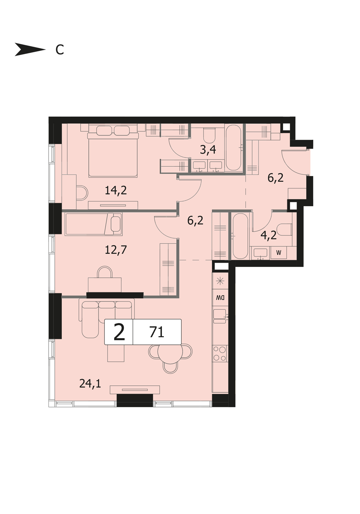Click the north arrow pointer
click(30, 49)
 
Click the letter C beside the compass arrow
click(60, 50)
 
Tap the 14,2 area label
click(116, 191)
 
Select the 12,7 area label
click(116, 250)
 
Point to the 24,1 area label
click(90, 383)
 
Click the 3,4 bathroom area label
click(208, 150)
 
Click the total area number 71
click(157, 332)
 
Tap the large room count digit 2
click(120, 332)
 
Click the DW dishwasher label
click(220, 298)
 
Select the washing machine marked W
click(279, 253)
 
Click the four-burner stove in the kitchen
click(220, 354)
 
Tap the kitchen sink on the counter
click(220, 316)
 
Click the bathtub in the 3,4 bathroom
click(233, 147)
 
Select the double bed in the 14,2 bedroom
click(113, 151)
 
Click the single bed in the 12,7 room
click(94, 224)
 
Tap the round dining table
click(170, 353)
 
